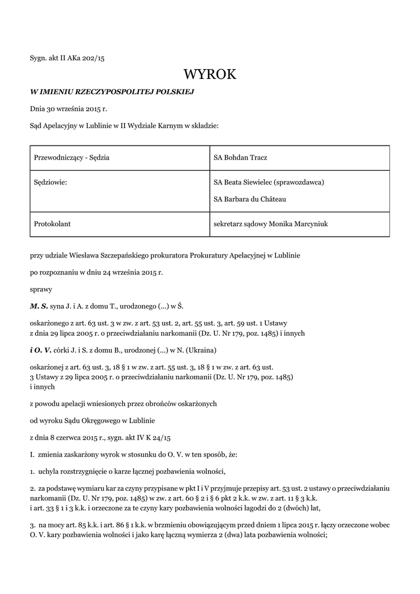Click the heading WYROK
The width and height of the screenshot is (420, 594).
tap(210, 74)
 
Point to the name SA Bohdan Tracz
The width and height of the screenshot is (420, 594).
tap(240, 158)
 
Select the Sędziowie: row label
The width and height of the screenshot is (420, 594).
tap(51, 182)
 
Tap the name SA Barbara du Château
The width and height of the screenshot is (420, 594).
tap(250, 199)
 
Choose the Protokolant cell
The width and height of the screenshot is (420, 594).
tap(53, 223)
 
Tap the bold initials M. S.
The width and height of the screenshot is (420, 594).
tap(39, 305)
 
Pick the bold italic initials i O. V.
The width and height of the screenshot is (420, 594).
tap(41, 350)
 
